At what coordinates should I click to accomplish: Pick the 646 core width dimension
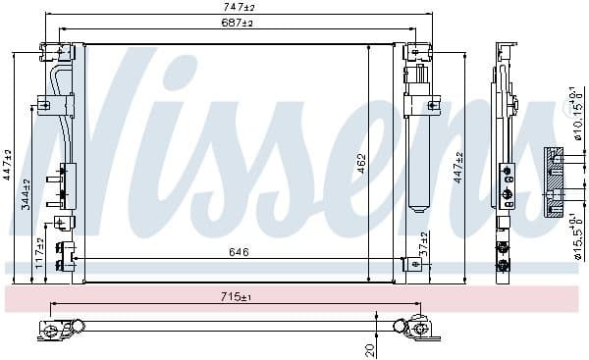(x=239, y=252)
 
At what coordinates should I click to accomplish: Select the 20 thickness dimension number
(x=369, y=348)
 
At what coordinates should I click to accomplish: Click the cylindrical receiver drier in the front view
(x=417, y=147)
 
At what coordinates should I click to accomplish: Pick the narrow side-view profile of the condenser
(x=504, y=157)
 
